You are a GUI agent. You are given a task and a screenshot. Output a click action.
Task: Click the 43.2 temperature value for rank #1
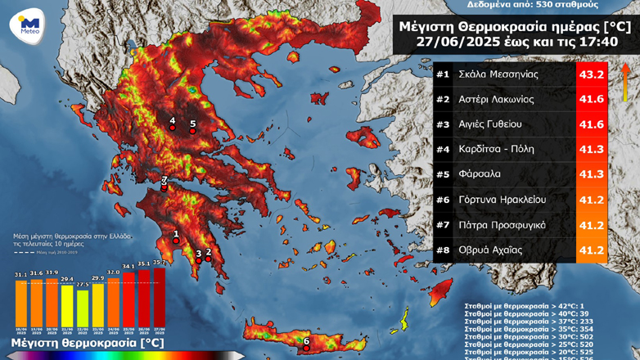coord(592,74)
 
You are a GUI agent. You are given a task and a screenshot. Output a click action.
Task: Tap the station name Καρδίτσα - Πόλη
coord(496,149)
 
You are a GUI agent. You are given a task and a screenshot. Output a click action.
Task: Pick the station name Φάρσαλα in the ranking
coord(480,174)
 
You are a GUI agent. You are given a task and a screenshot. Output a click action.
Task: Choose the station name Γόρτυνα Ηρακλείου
coord(502,200)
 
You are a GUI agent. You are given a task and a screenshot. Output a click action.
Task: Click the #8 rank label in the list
coord(443,250)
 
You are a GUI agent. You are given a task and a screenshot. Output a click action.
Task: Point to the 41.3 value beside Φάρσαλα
coord(592,174)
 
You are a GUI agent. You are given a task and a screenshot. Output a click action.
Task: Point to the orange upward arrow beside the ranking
coord(624,82)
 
